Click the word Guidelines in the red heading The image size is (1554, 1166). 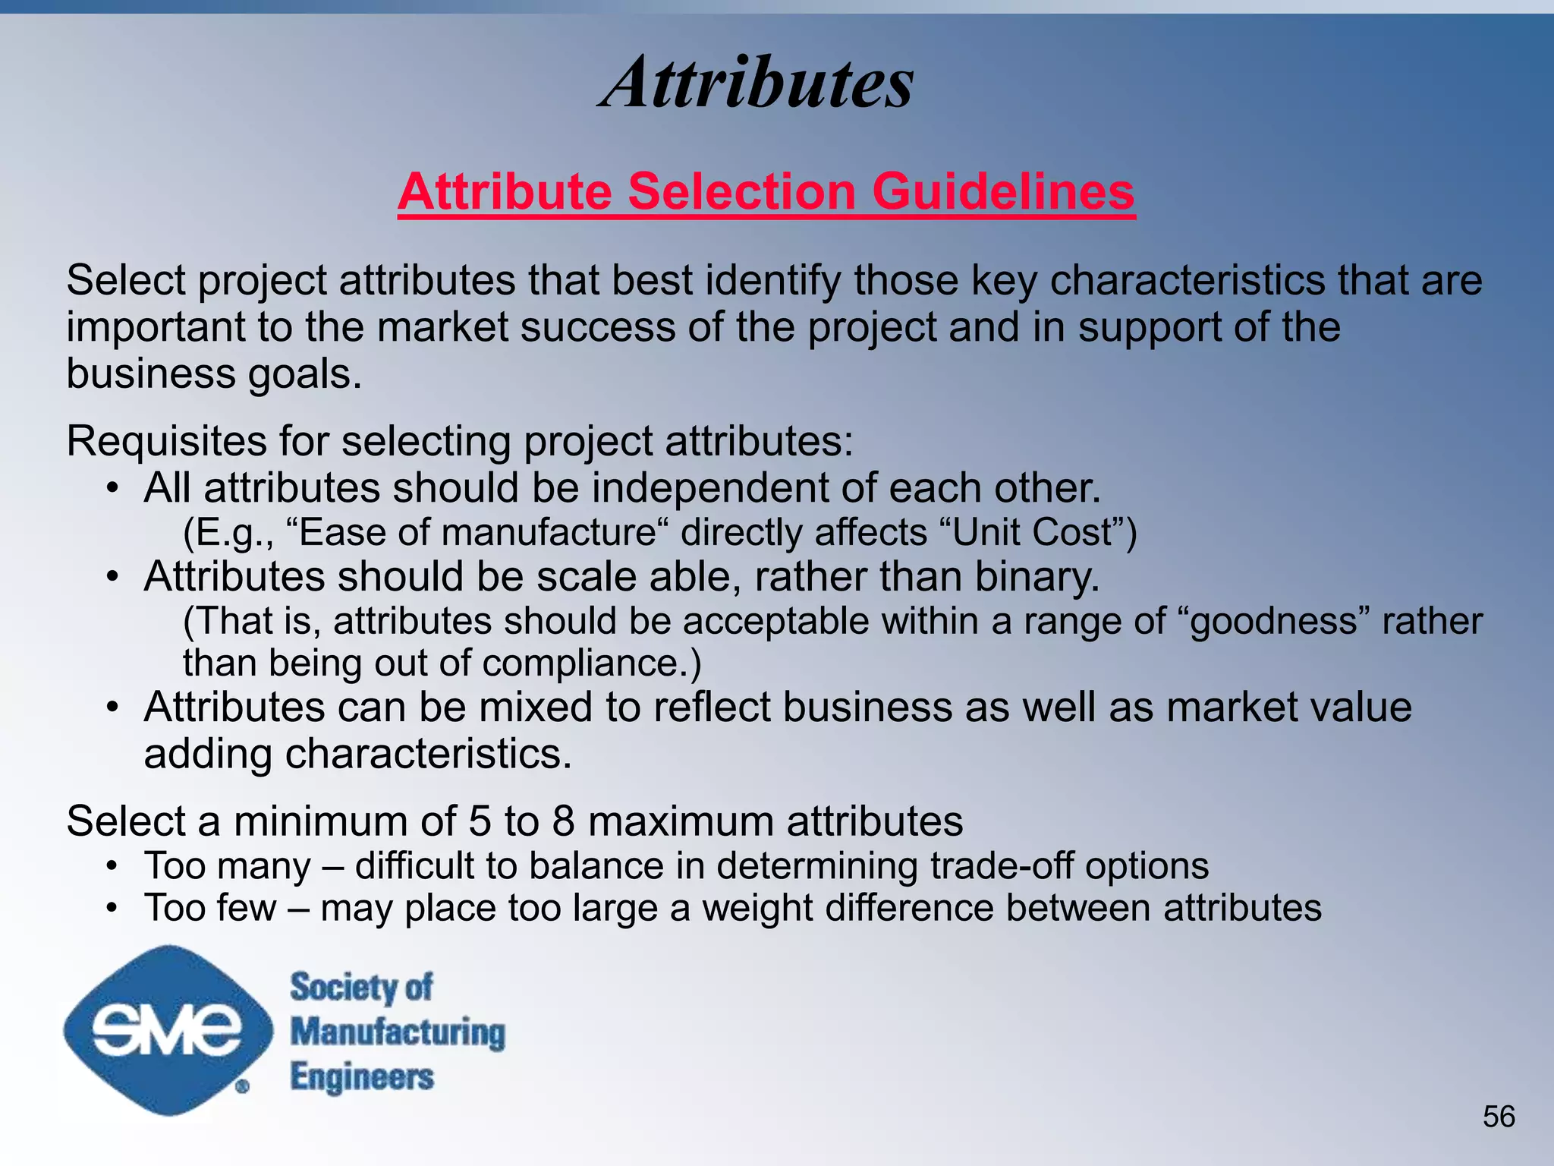(1003, 191)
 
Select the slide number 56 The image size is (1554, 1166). (1499, 1117)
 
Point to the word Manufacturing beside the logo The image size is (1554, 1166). (398, 1033)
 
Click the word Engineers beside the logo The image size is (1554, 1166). (362, 1078)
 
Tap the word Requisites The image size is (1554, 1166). (166, 441)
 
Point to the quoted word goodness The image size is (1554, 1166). (1273, 622)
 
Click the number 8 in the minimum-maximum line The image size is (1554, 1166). (563, 821)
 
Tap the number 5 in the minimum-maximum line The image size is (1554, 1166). (480, 821)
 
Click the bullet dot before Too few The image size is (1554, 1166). (112, 908)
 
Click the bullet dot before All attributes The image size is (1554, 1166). (112, 488)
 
